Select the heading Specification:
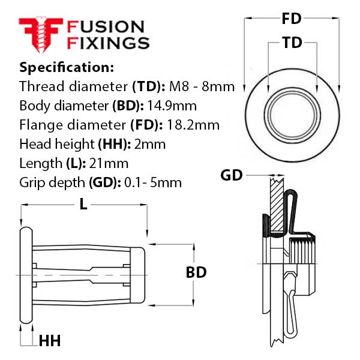(67, 67)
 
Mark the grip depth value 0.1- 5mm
(153, 182)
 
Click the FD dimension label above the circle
(292, 19)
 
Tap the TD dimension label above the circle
(292, 43)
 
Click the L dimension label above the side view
(83, 205)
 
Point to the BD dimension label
(196, 272)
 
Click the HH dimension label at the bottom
(49, 341)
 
